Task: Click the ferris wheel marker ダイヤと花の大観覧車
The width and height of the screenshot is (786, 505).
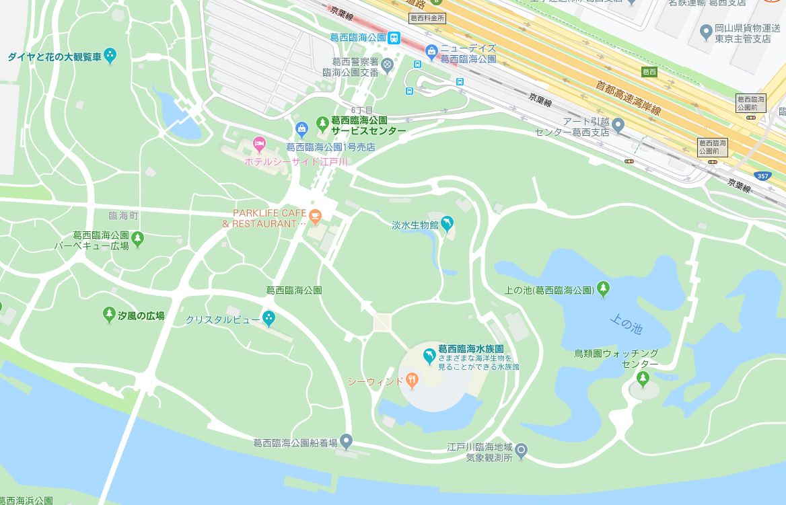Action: click(110, 56)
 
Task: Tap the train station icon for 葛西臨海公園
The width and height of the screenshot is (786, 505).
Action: click(394, 38)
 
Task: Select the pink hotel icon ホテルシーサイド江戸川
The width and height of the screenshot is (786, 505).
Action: click(259, 143)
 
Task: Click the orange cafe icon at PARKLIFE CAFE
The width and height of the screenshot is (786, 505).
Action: click(315, 216)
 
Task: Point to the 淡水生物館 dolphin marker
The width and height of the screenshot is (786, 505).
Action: click(447, 224)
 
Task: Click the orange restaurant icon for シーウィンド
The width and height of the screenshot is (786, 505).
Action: click(412, 381)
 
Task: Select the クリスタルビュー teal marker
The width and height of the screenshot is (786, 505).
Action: click(269, 317)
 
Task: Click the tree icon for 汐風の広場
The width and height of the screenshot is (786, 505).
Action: click(109, 314)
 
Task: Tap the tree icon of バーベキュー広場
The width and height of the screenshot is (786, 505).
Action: click(138, 237)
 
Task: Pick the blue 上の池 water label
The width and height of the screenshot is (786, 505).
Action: click(626, 325)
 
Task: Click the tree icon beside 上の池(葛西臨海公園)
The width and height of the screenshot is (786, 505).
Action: click(603, 289)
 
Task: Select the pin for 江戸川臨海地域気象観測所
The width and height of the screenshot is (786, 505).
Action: click(521, 450)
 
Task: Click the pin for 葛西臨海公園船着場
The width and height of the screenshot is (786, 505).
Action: click(346, 441)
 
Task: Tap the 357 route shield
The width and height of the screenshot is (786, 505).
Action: click(763, 176)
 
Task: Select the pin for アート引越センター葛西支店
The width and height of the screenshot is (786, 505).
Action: click(618, 124)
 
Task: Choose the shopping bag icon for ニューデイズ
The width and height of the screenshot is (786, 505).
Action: click(431, 50)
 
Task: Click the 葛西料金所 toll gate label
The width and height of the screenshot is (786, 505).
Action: click(427, 17)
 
